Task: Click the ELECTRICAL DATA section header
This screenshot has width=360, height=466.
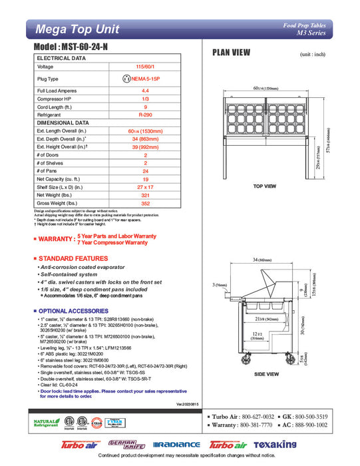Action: coord(61,59)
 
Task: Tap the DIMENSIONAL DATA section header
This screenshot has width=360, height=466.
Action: coord(63,122)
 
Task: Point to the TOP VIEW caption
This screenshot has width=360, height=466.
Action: coord(264,186)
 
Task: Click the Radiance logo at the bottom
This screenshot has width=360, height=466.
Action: coord(176,445)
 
